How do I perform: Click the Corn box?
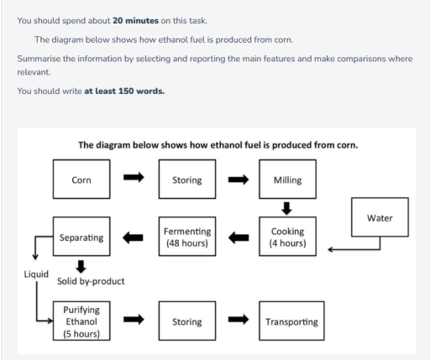(x=81, y=180)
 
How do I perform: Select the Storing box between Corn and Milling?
(x=186, y=180)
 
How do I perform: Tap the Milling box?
(x=288, y=180)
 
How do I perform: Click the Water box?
(x=379, y=217)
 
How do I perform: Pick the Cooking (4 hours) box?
(x=288, y=237)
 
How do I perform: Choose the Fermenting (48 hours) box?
(x=186, y=237)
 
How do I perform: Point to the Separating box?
(x=81, y=237)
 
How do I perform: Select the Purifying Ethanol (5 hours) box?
(x=81, y=321)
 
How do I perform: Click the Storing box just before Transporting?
(x=186, y=321)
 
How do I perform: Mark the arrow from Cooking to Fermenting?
(x=238, y=237)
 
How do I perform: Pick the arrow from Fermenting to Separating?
(x=134, y=237)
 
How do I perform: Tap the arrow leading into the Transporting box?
(x=238, y=321)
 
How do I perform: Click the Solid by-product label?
(x=91, y=281)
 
